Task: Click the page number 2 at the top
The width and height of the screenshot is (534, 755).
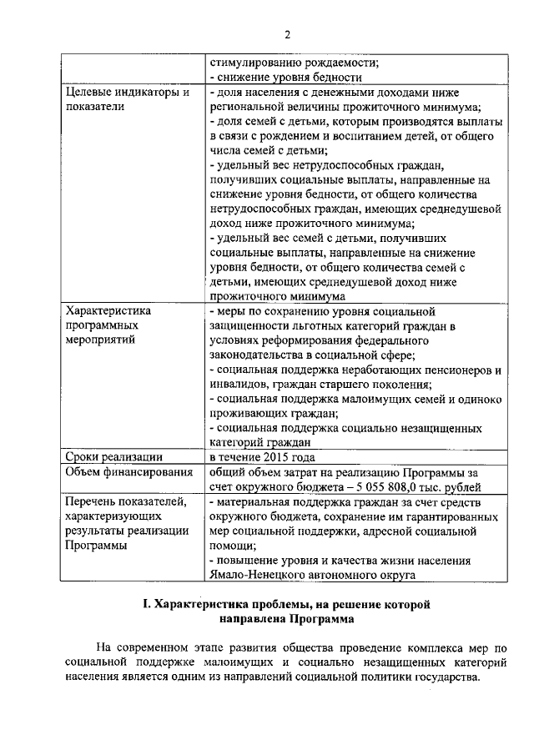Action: (x=286, y=34)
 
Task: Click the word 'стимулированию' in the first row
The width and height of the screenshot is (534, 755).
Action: (x=255, y=61)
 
